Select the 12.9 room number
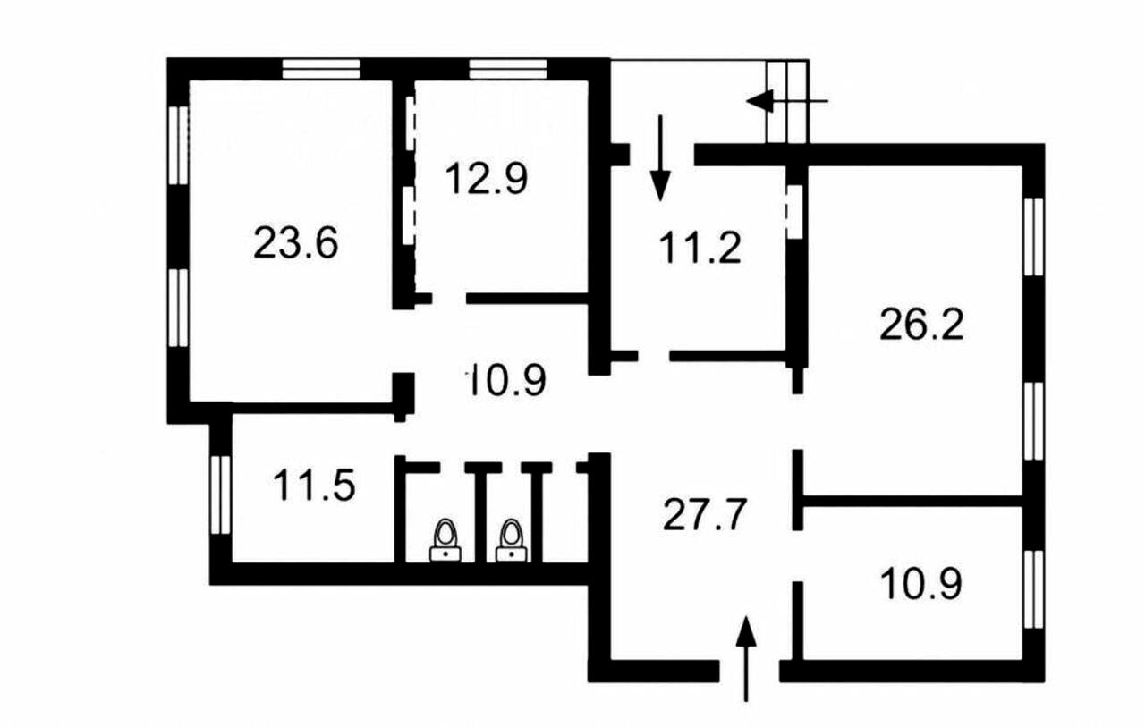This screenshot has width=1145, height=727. pyautogui.click(x=487, y=178)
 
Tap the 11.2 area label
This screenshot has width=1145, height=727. pyautogui.click(x=700, y=248)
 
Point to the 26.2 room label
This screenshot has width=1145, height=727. pyautogui.click(x=921, y=325)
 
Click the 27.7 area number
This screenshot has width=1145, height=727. pyautogui.click(x=705, y=514)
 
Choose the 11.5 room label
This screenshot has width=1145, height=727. pyautogui.click(x=314, y=486)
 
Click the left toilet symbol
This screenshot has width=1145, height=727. pyautogui.click(x=445, y=540)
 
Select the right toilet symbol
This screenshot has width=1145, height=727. pyautogui.click(x=511, y=540)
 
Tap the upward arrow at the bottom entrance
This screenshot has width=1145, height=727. pyautogui.click(x=746, y=658)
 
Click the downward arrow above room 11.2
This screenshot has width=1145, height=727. pyautogui.click(x=660, y=158)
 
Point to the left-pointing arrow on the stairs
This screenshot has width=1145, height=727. pyautogui.click(x=786, y=101)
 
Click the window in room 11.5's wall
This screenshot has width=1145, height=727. pyautogui.click(x=221, y=495)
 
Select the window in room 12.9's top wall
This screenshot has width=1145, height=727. pyautogui.click(x=508, y=69)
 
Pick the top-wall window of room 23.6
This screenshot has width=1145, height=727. pyautogui.click(x=321, y=69)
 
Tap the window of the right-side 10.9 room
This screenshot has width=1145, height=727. pyautogui.click(x=1034, y=589)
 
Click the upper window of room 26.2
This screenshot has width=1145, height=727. pyautogui.click(x=1034, y=237)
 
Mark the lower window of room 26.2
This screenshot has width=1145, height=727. pyautogui.click(x=1034, y=421)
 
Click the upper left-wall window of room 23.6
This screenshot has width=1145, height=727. pyautogui.click(x=178, y=146)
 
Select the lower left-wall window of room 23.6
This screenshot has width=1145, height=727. pyautogui.click(x=178, y=309)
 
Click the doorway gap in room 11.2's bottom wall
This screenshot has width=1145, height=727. pyautogui.click(x=654, y=356)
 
